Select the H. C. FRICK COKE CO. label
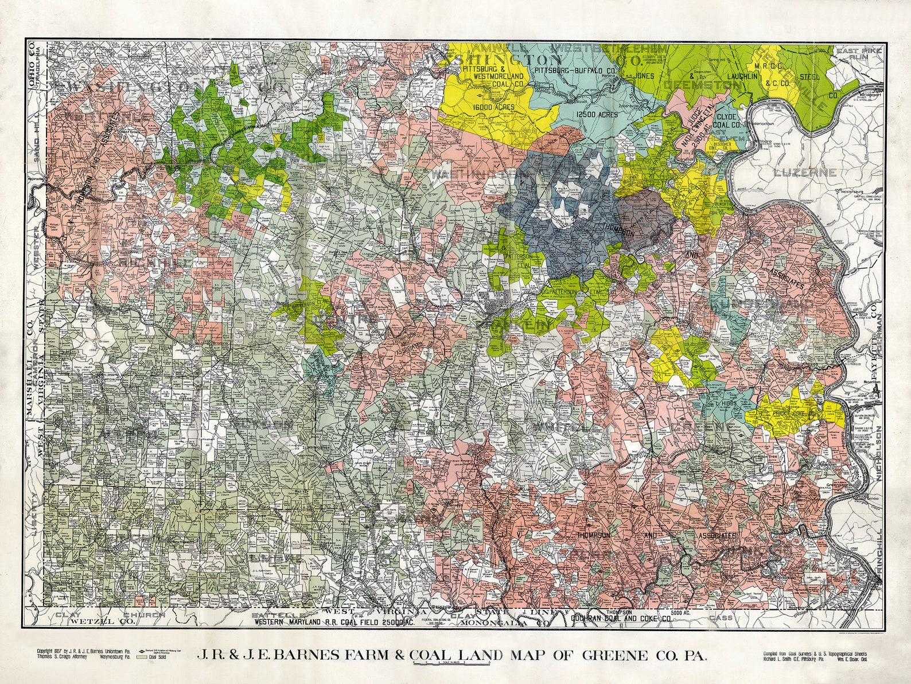click(x=792, y=414)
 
